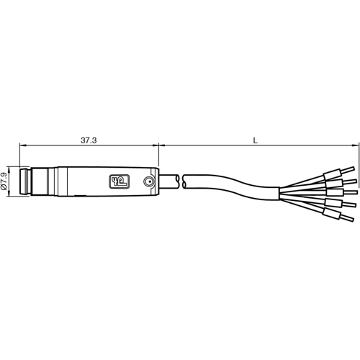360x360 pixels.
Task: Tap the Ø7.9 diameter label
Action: (x=6, y=181)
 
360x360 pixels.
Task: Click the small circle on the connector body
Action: (x=148, y=182)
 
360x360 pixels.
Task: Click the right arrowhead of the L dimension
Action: (x=355, y=146)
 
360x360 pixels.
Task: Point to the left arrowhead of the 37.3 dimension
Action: (x=22, y=146)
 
